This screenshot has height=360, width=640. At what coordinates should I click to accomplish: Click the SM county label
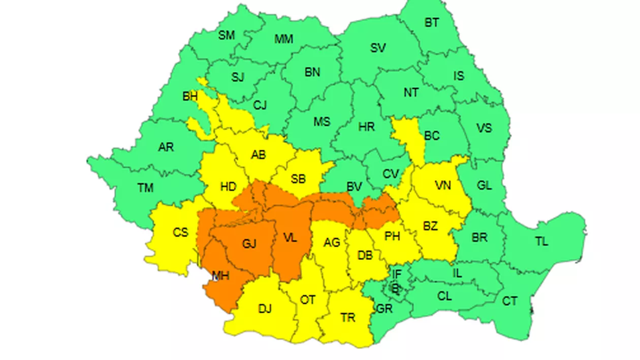227,36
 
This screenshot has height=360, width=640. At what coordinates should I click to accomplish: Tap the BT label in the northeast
432,23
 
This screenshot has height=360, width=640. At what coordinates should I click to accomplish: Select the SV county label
378,48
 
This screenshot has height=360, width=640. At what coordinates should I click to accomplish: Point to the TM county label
145,188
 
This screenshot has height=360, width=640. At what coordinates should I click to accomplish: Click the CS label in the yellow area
180,233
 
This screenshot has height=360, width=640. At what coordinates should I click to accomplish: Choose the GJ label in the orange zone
249,244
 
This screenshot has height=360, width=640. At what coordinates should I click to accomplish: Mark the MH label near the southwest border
220,276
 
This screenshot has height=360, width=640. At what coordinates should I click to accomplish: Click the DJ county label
265,309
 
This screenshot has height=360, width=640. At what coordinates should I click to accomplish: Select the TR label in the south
348,318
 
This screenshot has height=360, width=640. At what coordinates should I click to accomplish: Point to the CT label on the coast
509,302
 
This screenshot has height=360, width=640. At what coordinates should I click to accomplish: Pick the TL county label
541,242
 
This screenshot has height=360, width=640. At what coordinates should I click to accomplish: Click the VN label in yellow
443,186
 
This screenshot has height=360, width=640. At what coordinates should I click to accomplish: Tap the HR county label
366,127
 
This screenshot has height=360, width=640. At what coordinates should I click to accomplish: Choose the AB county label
259,155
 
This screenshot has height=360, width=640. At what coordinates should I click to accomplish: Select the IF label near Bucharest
397,274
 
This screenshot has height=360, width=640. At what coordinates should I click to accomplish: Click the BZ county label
430,226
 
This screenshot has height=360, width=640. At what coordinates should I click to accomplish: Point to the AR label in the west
166,147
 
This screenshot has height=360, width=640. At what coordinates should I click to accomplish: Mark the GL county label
484,186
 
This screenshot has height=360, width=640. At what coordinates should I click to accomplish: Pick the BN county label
312,73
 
